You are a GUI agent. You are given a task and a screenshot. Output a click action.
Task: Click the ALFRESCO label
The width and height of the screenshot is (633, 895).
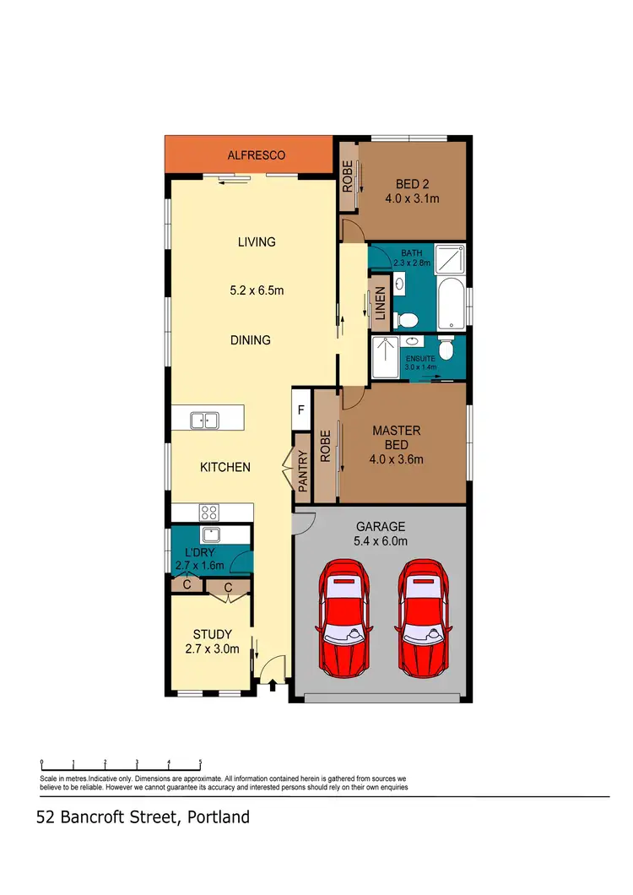[x=257, y=155]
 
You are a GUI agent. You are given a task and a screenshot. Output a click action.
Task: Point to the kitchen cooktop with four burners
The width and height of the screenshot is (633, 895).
[x=208, y=512]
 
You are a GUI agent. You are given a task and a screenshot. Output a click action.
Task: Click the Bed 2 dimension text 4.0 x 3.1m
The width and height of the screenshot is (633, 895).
[x=413, y=200]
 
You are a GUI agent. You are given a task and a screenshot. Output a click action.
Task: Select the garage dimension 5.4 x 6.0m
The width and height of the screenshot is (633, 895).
[x=380, y=541]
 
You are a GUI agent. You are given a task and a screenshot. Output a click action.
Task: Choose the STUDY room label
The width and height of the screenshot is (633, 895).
[x=212, y=635]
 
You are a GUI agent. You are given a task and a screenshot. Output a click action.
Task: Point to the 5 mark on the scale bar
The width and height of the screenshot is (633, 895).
[x=200, y=762]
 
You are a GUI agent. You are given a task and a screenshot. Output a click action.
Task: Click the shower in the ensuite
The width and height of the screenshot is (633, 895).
[x=385, y=358]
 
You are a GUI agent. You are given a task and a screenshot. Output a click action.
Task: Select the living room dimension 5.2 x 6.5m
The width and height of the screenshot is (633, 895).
[x=257, y=291]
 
